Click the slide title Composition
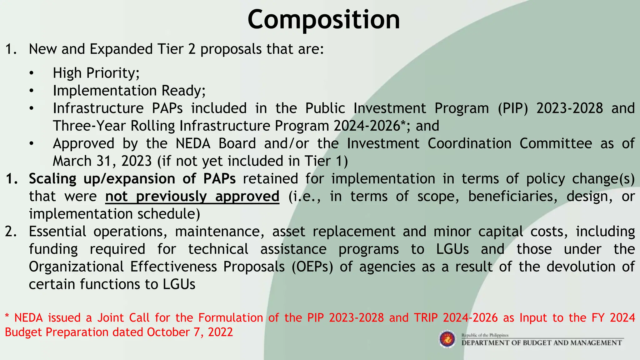323,19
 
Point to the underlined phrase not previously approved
192,197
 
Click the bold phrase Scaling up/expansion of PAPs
132,179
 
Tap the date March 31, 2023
102,161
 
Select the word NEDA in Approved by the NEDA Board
193,144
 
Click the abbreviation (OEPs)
312,267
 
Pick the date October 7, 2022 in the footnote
190,332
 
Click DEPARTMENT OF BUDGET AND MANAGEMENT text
542,343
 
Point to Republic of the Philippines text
485,335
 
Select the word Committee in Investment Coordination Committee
556,144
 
